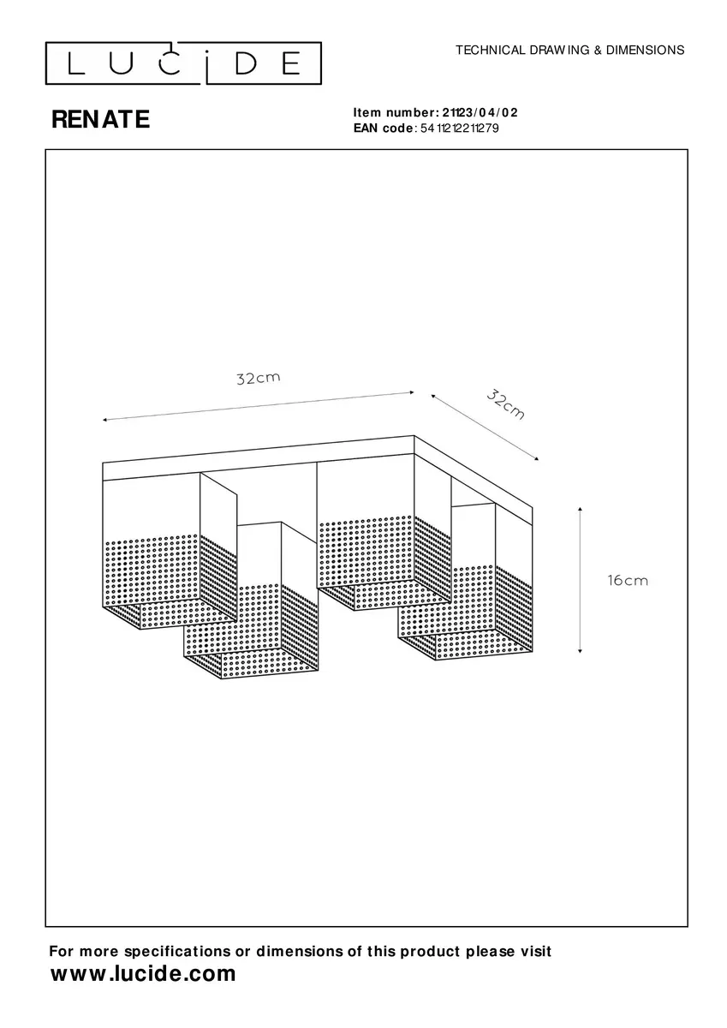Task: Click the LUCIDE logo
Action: pos(183,63)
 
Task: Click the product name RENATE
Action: pos(100,120)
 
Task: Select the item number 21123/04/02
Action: pos(480,112)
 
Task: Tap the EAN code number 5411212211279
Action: pos(460,128)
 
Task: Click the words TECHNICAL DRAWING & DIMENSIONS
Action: pos(569,50)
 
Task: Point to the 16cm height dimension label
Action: pos(628,581)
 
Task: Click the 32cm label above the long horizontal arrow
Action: pos(259,378)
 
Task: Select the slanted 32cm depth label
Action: pos(505,404)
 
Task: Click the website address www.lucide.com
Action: pos(143,973)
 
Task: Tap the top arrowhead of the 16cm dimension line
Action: pos(581,509)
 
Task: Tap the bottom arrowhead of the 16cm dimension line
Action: pos(581,651)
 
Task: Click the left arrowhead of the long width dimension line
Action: pos(105,420)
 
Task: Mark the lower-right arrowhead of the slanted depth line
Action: pos(536,458)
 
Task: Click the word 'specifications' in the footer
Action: pos(177,952)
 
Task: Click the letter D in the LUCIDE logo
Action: pos(246,63)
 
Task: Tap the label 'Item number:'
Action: pos(396,112)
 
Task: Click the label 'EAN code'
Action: pos(383,128)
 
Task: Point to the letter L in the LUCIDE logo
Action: pos(76,63)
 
